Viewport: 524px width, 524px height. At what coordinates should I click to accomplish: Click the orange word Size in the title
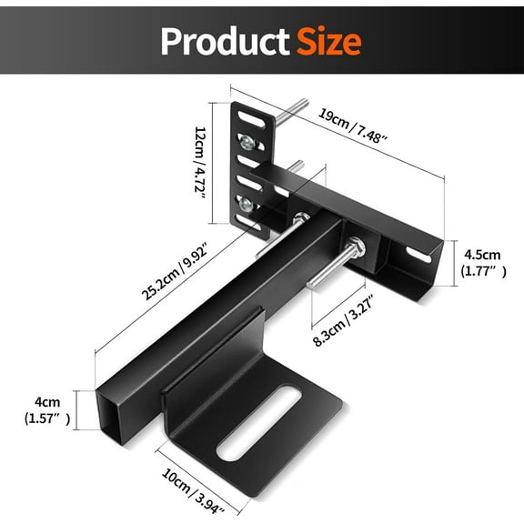coord(326,41)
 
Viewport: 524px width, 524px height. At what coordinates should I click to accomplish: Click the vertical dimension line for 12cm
coord(215,164)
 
